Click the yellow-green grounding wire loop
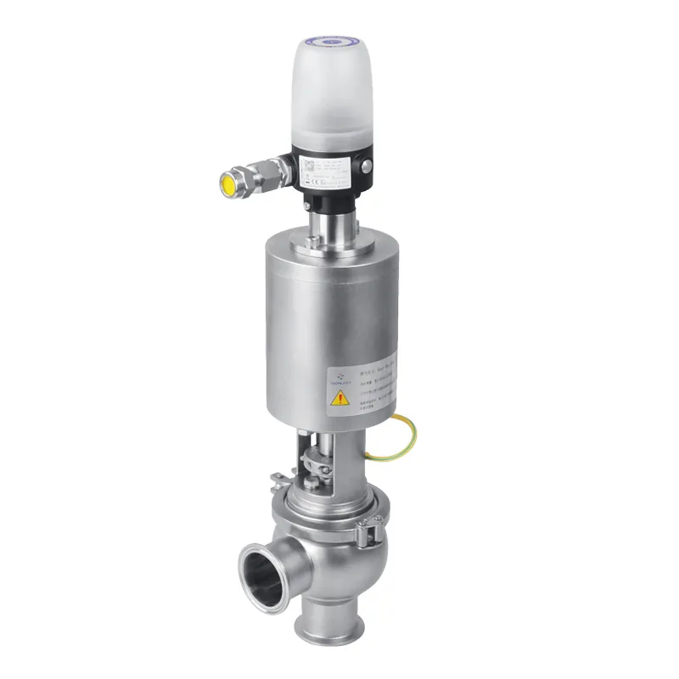(x=402, y=441)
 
